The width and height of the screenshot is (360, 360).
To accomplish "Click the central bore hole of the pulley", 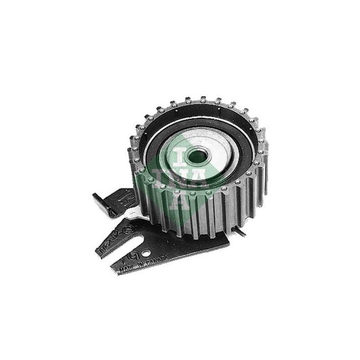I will tap(197, 156).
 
